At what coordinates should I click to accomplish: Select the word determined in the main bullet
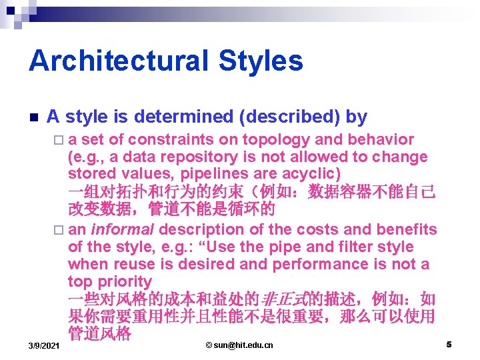185,117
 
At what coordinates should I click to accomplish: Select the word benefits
407,229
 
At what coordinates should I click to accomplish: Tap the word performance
331,264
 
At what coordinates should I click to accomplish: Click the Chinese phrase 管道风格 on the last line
99,333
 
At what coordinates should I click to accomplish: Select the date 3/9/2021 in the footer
44,345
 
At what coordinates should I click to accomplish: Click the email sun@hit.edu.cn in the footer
239,345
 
